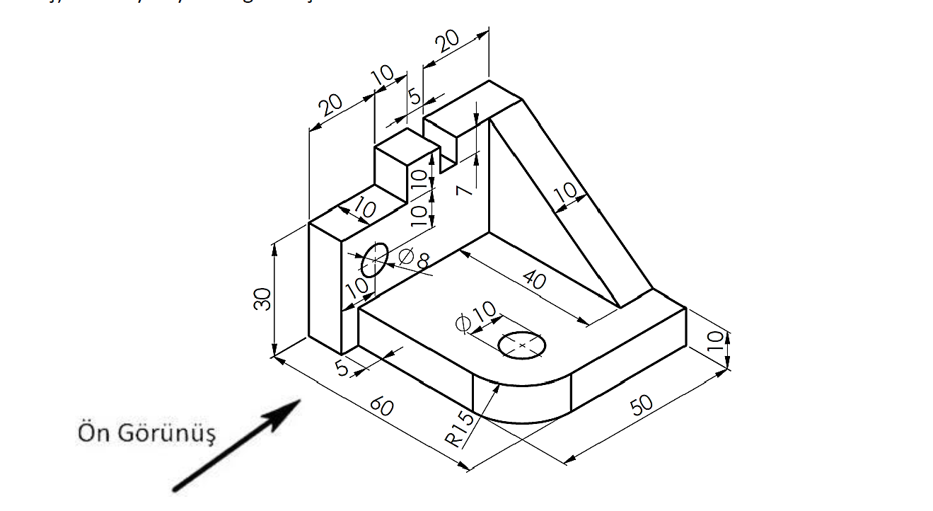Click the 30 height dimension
[x=262, y=299]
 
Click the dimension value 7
[x=463, y=189]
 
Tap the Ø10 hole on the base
[x=522, y=345]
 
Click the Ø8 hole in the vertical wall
[x=375, y=260]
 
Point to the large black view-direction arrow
[x=237, y=445]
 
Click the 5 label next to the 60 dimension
[x=342, y=369]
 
